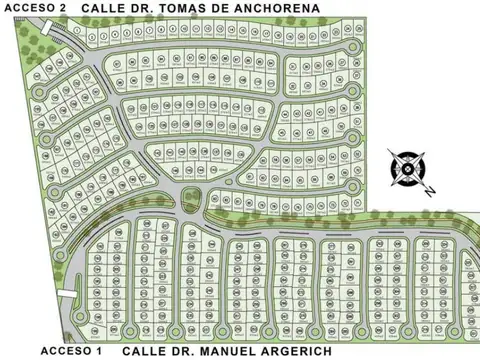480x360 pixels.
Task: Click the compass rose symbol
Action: (x=408, y=168)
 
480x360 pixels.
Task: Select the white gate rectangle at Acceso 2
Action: (x=79, y=32)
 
